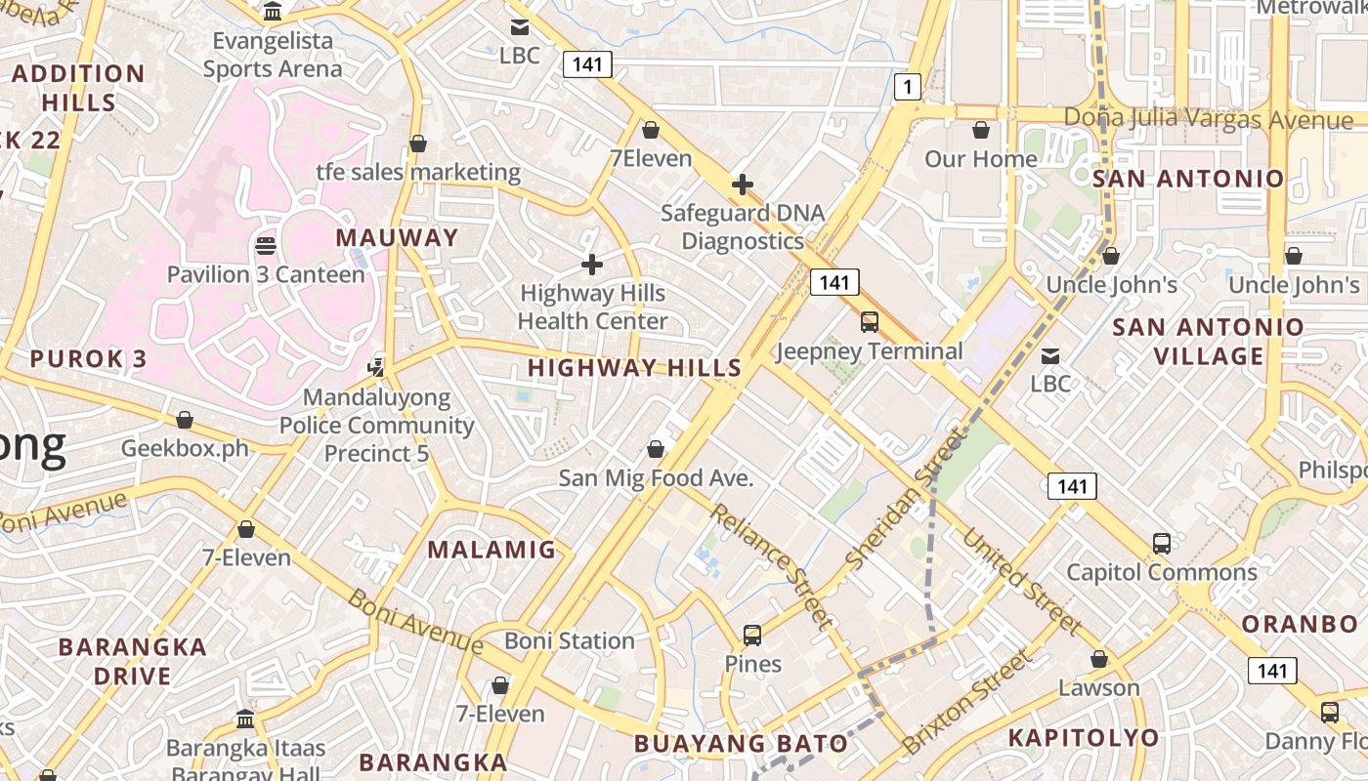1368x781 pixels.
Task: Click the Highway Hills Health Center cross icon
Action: click(591, 265)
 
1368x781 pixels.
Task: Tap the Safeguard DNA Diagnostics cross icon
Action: click(743, 184)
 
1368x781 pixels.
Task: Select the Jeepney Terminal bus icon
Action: click(869, 322)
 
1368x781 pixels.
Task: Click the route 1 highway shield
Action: click(908, 88)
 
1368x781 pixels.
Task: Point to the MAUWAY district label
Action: click(397, 237)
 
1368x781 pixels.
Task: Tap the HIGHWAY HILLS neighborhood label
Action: click(635, 368)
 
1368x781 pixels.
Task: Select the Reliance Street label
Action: click(772, 564)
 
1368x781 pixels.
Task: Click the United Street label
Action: click(1022, 580)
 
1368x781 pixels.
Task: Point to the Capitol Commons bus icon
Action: click(1161, 544)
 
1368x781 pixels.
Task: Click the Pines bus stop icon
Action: click(752, 636)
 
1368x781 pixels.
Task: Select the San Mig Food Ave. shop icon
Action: click(656, 449)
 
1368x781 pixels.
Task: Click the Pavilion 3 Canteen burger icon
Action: click(265, 245)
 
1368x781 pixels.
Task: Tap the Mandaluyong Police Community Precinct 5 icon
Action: click(376, 367)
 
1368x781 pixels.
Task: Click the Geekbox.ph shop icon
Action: click(185, 421)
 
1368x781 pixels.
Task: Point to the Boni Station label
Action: click(570, 641)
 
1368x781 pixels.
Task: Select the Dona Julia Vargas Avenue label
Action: click(1208, 118)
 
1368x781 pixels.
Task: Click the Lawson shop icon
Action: click(1099, 660)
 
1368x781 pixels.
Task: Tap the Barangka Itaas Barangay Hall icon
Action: click(245, 720)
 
